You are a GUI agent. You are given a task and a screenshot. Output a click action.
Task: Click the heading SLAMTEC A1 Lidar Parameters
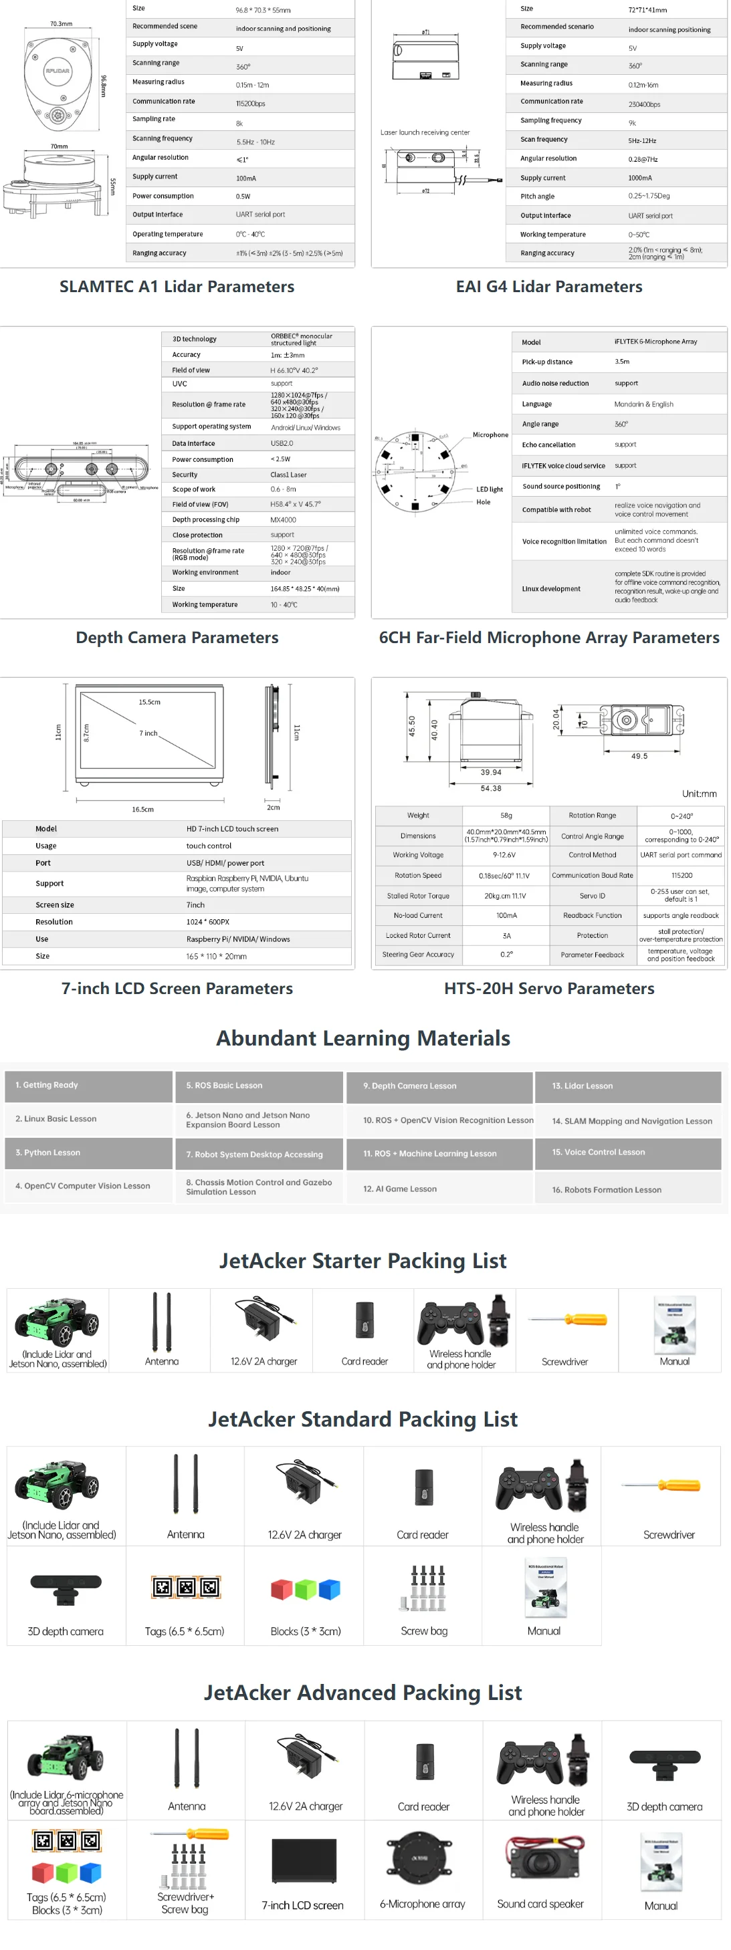(x=177, y=287)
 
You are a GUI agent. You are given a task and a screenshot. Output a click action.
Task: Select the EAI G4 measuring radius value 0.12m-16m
(x=643, y=85)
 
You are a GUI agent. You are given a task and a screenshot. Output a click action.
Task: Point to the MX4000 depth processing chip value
(x=284, y=520)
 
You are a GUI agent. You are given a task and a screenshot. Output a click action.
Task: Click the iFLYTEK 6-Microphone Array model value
(x=655, y=342)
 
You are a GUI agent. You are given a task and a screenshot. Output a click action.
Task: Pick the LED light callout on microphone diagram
(x=490, y=489)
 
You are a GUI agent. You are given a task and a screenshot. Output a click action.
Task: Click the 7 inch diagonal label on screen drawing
(x=148, y=733)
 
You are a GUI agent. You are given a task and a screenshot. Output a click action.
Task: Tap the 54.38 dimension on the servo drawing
(x=491, y=788)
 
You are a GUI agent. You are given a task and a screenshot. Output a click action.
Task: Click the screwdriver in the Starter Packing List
(x=567, y=1320)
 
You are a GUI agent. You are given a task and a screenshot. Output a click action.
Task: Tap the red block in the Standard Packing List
(x=281, y=1589)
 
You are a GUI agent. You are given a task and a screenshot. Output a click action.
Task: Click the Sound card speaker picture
(x=540, y=1858)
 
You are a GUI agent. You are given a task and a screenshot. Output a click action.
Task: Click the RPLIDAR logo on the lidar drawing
(x=58, y=71)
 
